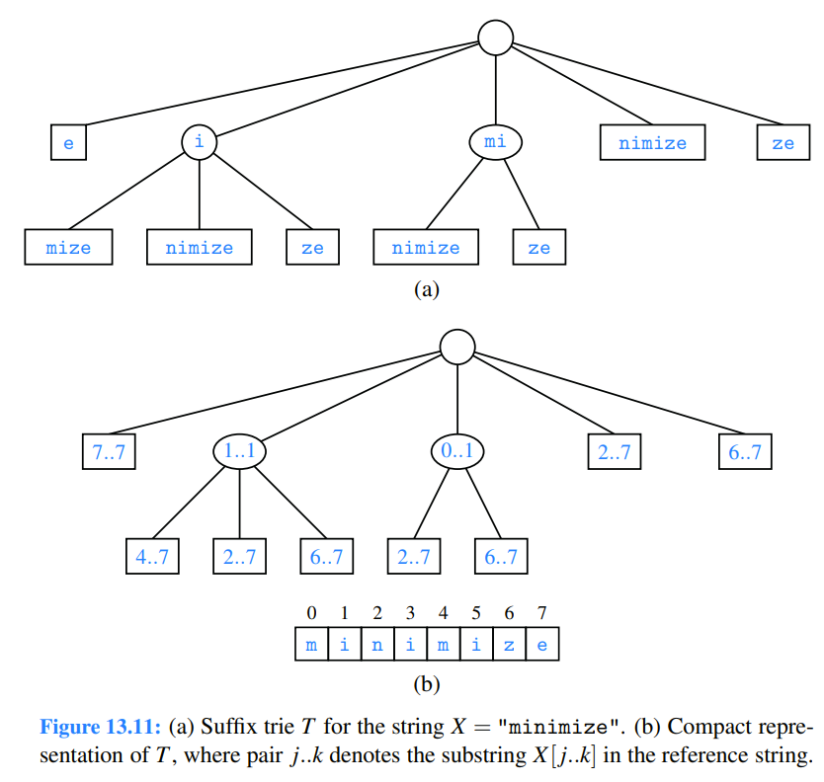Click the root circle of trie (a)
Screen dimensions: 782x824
coord(495,38)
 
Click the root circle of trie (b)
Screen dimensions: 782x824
coord(456,347)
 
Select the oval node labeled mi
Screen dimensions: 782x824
coord(495,143)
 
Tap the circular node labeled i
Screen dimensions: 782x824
coord(200,142)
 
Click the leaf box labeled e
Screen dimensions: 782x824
coord(68,143)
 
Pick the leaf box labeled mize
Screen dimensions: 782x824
coord(68,247)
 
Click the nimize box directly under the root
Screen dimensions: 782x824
coord(652,143)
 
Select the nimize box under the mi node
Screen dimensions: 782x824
coord(426,247)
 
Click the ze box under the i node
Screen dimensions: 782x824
coord(312,247)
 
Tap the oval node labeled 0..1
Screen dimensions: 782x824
coord(456,452)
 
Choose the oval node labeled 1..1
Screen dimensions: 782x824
coord(240,452)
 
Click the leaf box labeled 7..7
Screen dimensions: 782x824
coord(109,452)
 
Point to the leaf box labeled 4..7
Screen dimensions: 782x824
coord(151,557)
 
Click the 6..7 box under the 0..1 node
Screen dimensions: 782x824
coord(500,557)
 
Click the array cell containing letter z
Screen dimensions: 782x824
coord(509,645)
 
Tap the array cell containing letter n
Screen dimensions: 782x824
coord(377,645)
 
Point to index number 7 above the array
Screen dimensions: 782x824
coord(541,613)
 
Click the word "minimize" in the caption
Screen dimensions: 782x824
coord(561,729)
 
